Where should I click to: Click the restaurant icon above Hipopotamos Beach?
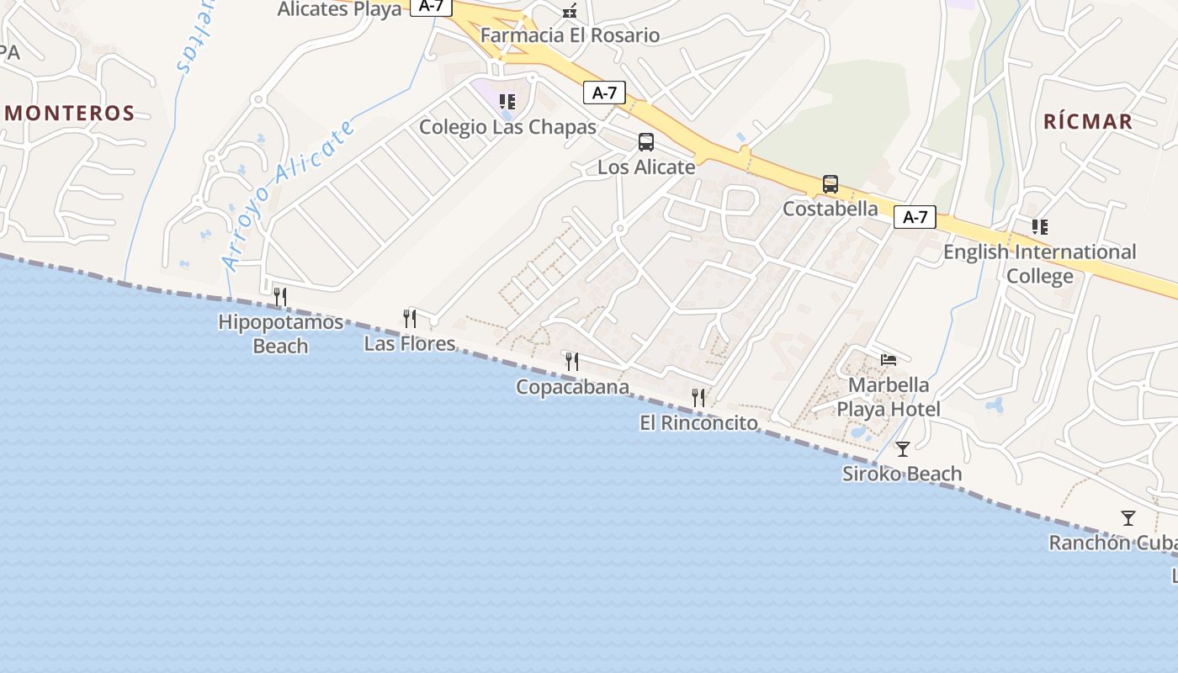(280, 296)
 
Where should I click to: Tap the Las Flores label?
(410, 343)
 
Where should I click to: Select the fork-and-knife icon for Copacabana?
(572, 362)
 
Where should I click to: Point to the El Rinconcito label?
(698, 422)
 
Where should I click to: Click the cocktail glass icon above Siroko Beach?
(903, 449)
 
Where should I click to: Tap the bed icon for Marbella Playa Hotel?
(889, 360)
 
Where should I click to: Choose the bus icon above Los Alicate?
(646, 142)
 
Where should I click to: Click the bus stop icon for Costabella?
(830, 184)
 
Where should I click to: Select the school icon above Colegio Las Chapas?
(507, 102)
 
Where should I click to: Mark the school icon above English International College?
(1040, 227)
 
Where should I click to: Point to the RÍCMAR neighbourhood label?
(1088, 121)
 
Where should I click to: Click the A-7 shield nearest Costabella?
(915, 217)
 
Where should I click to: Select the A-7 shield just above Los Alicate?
(604, 93)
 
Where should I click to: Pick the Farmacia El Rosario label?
(570, 35)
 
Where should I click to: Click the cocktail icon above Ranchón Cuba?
(1128, 518)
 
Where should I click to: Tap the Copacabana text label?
(572, 387)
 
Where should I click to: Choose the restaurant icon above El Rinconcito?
(698, 397)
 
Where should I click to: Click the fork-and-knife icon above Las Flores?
(410, 318)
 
